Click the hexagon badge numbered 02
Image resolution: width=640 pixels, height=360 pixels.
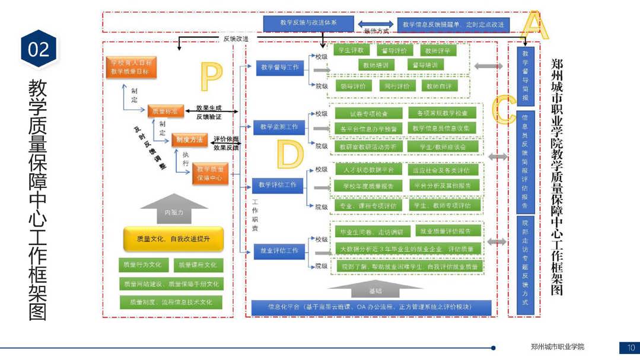coord(39,49)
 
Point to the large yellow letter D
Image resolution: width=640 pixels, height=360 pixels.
coord(290,154)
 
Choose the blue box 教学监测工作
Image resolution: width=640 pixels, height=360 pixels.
coord(279,127)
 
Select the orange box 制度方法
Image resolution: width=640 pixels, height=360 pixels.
coord(189,140)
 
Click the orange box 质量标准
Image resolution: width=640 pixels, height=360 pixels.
coord(165,111)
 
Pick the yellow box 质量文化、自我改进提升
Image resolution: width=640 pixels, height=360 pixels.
coord(173,239)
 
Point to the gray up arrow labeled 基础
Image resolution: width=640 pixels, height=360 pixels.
coord(375,289)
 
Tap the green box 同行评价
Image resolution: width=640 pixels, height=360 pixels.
coord(397,87)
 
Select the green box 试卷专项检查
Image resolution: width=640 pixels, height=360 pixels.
coord(369,113)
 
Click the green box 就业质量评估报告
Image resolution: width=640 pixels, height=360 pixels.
coord(445,231)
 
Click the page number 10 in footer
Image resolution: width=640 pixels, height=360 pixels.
coord(630,348)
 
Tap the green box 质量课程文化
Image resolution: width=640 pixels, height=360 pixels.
coord(198,265)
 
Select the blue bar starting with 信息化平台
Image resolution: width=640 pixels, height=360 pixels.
coord(371,307)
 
